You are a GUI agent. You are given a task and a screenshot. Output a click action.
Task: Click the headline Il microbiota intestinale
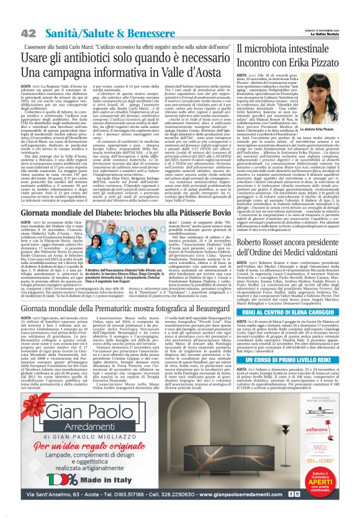(x=290, y=48)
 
